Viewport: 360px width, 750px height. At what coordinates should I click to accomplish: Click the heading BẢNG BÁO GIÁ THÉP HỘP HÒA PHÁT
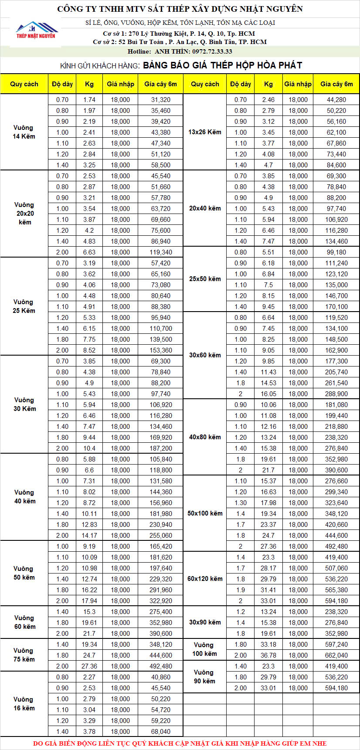click(x=222, y=65)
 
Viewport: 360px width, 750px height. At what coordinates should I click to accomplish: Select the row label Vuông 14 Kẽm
click(x=24, y=132)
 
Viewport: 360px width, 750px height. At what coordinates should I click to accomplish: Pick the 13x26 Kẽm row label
click(x=205, y=132)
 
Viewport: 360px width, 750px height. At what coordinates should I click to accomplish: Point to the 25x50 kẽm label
click(x=205, y=279)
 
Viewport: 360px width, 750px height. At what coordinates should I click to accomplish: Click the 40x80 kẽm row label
click(x=205, y=437)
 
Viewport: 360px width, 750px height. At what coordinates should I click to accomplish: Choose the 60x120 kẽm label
click(x=205, y=579)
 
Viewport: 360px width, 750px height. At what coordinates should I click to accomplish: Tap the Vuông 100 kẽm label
click(x=204, y=649)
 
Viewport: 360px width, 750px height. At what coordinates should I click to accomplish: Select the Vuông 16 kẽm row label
click(x=24, y=704)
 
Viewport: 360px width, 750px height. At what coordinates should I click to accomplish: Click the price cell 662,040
click(x=336, y=655)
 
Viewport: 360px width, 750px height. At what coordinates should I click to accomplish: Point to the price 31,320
click(x=161, y=100)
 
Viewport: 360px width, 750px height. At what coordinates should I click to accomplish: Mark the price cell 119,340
click(x=161, y=252)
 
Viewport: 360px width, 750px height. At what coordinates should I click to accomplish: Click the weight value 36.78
click(x=268, y=655)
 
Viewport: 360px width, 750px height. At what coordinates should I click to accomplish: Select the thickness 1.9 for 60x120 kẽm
click(x=241, y=590)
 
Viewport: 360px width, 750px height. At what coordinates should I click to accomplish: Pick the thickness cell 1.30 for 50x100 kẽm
click(x=241, y=502)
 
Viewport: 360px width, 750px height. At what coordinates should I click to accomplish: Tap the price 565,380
click(x=336, y=590)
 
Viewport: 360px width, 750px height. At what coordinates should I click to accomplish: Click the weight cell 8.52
click(x=89, y=350)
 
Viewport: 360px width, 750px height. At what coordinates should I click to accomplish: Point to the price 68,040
click(x=161, y=731)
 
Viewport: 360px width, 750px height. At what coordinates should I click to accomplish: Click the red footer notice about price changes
click(x=180, y=743)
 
